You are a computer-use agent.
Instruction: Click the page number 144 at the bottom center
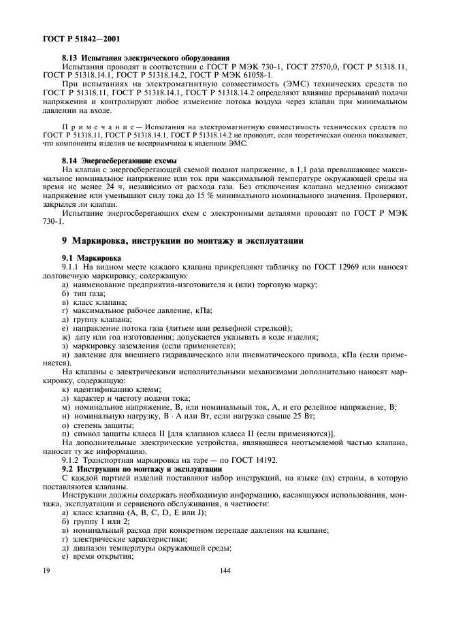click(227, 570)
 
